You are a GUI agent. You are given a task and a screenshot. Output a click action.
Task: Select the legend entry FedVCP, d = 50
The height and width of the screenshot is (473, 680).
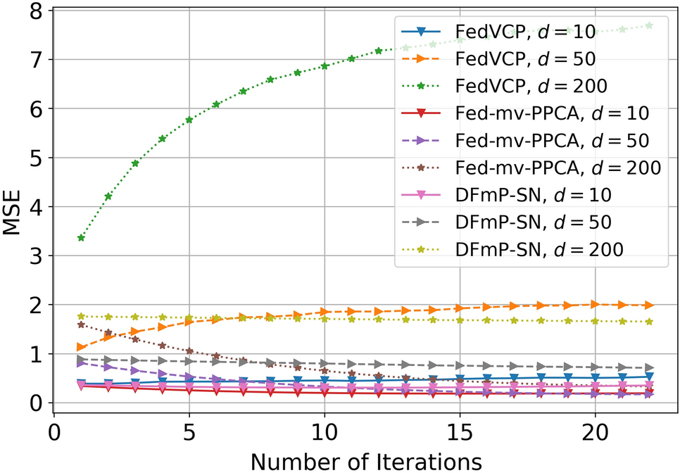[524, 58]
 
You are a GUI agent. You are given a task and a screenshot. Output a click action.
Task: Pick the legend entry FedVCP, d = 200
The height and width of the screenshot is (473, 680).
[530, 85]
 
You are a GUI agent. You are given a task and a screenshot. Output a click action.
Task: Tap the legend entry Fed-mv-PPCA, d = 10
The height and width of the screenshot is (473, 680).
[551, 113]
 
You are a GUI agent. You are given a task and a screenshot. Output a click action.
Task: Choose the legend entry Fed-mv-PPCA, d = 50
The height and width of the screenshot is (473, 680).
[551, 140]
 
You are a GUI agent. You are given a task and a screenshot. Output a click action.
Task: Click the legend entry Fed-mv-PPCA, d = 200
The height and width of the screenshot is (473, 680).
[556, 168]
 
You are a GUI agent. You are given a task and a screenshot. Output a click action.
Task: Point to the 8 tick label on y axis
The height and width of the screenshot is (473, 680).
[33, 12]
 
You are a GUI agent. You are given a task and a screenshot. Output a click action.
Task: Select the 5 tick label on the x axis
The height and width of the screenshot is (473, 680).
[189, 428]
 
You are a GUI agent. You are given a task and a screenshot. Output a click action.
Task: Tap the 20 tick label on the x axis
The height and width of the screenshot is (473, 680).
[595, 428]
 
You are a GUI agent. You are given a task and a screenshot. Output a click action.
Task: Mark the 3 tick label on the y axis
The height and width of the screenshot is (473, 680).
[33, 256]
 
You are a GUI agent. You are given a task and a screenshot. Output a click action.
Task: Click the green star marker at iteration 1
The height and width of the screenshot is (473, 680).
[81, 238]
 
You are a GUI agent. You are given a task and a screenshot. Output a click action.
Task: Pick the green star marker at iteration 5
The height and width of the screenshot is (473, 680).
[189, 120]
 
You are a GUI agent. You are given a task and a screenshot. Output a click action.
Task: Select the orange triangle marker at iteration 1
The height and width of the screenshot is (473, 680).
[81, 348]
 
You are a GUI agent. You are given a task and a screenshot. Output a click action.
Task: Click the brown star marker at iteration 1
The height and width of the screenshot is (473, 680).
[81, 324]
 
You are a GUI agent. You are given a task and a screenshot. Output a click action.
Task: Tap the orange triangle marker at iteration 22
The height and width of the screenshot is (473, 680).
[649, 305]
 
